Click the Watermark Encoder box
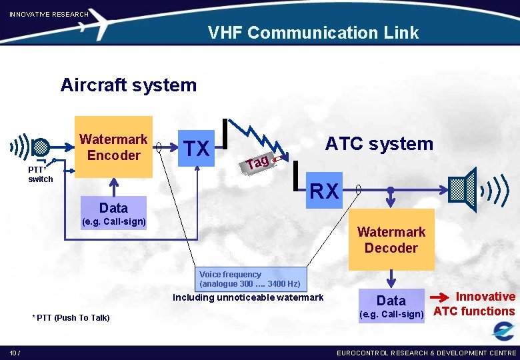[x=113, y=147]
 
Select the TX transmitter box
[x=197, y=148]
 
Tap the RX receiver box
[x=324, y=191]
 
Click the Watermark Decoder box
[x=391, y=240]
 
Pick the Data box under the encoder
[x=113, y=207]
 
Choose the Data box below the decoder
[x=391, y=300]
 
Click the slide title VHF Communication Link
[x=313, y=33]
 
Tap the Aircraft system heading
[x=128, y=85]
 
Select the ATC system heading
[x=379, y=143]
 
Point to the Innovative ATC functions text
[x=475, y=304]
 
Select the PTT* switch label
[x=40, y=175]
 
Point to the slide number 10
[x=14, y=352]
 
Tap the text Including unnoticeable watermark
[x=248, y=297]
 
